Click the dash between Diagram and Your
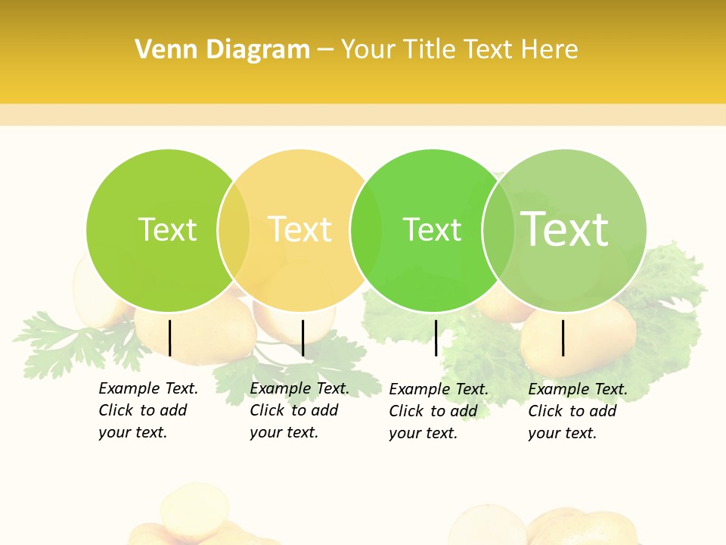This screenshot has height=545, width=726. [x=325, y=51]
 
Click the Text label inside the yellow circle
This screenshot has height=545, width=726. [x=300, y=229]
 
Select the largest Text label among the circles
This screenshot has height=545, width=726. [x=565, y=229]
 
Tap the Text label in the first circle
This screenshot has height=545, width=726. [x=167, y=229]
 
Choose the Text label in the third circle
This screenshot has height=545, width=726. [x=432, y=229]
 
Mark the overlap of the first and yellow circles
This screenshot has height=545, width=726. [x=234, y=230]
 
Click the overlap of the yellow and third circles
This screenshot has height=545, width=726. [x=366, y=230]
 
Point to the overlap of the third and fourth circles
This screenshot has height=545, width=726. [x=498, y=230]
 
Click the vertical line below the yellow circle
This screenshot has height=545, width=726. [x=302, y=338]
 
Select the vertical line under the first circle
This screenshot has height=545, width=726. [x=170, y=338]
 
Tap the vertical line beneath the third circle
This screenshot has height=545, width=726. [x=436, y=338]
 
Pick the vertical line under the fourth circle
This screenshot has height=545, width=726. [x=563, y=338]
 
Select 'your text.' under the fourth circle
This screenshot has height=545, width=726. [x=562, y=433]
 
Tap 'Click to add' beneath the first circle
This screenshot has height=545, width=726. [x=142, y=410]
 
